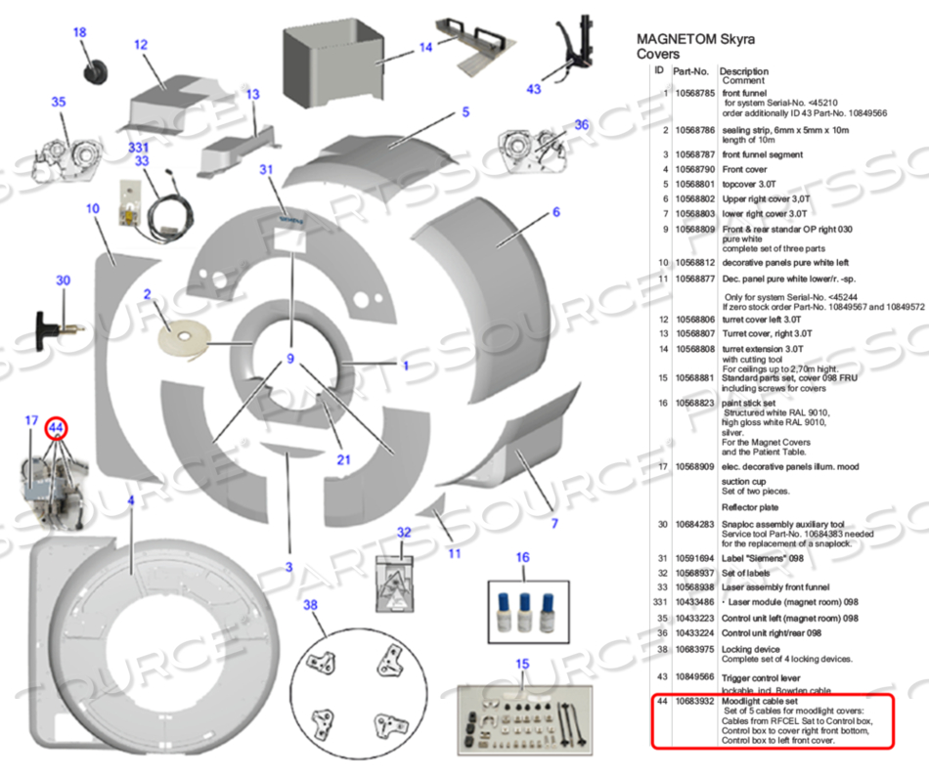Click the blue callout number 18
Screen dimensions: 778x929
(80, 32)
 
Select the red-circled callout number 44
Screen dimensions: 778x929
(56, 427)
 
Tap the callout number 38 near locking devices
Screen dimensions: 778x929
(310, 605)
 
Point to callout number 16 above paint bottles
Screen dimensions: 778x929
(522, 557)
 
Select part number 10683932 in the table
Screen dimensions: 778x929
(694, 702)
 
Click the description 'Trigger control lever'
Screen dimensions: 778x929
(766, 675)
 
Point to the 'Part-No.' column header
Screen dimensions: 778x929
(690, 71)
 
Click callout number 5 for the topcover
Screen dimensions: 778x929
(466, 113)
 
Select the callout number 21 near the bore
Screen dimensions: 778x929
(343, 459)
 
